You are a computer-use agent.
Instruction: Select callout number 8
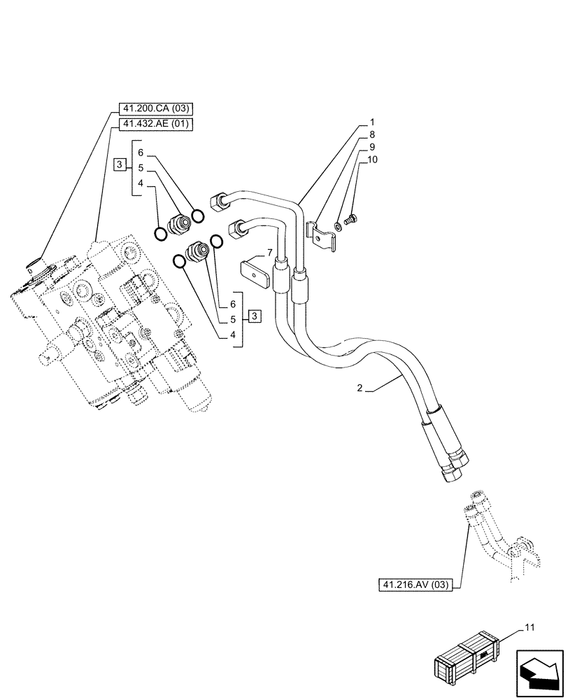(x=373, y=134)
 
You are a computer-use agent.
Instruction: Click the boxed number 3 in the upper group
(x=120, y=164)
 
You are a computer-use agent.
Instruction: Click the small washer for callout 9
(x=339, y=225)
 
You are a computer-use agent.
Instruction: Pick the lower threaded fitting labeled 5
(x=197, y=251)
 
